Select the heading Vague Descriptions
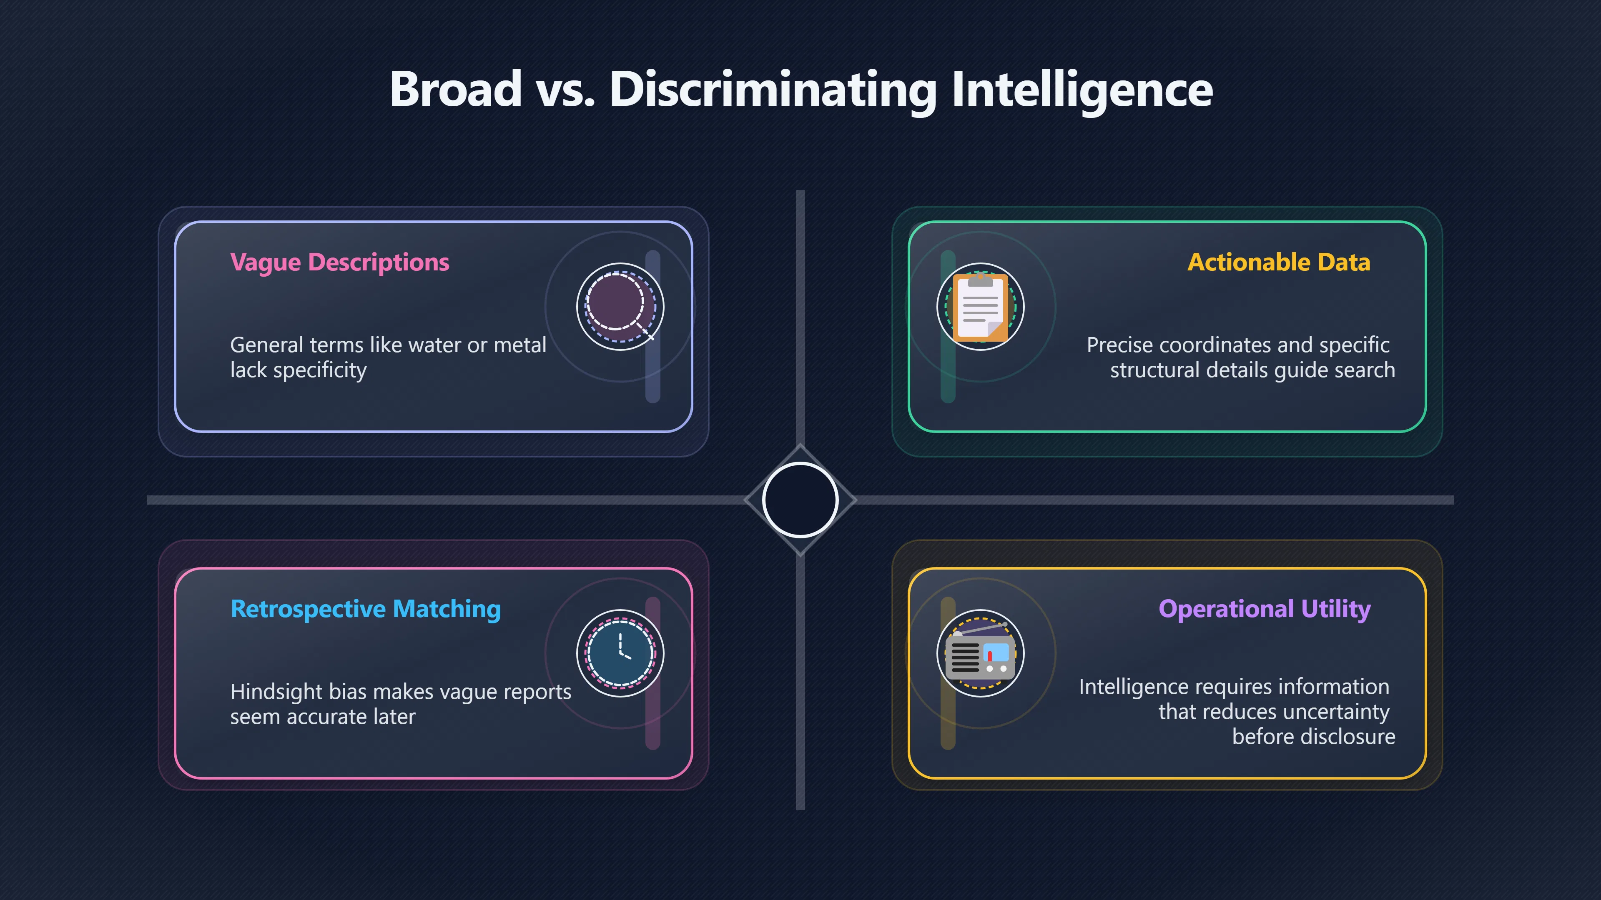point(339,262)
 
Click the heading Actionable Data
point(1278,262)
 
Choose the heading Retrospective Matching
point(366,609)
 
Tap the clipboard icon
point(980,307)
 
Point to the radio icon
point(980,653)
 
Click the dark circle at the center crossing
point(800,500)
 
